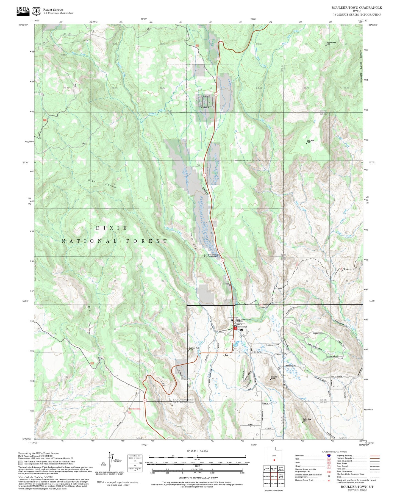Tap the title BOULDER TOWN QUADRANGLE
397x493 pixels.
(x=356, y=7)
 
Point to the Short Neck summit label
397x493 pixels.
(x=310, y=141)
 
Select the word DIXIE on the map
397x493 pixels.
(x=112, y=228)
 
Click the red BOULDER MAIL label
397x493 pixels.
(x=135, y=409)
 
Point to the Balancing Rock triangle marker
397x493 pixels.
(x=188, y=350)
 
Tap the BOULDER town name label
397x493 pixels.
(x=211, y=256)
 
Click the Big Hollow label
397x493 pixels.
(x=90, y=320)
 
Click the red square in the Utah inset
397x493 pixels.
(x=274, y=460)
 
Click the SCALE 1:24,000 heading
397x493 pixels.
(x=197, y=451)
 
